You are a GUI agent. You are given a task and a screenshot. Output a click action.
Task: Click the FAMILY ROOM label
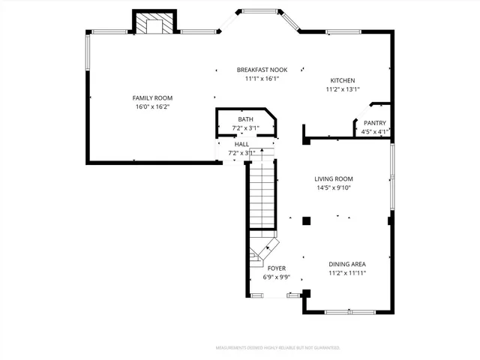(x=152, y=98)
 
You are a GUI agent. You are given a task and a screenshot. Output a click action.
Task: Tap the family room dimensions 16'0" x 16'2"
(x=152, y=107)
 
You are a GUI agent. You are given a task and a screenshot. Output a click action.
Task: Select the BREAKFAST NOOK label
(x=262, y=69)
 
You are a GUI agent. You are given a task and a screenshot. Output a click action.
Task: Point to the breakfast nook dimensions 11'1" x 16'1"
(x=262, y=78)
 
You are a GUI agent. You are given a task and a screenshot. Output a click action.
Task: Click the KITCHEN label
(x=343, y=80)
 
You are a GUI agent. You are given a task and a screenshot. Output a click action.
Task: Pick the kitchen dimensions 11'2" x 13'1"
(x=343, y=89)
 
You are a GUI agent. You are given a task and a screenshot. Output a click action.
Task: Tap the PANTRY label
(x=374, y=123)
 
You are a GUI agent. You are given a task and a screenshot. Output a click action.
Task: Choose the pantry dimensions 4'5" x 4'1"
(x=374, y=132)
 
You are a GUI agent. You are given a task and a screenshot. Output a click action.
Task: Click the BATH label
(x=245, y=119)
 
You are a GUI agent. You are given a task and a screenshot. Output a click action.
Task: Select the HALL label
(x=241, y=144)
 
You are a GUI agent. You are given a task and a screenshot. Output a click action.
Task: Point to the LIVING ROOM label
(x=334, y=178)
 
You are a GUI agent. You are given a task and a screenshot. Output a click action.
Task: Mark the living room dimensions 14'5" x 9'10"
(x=334, y=187)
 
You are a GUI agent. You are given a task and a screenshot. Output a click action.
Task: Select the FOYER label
(x=276, y=268)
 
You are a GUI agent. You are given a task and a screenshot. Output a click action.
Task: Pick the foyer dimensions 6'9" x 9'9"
(x=276, y=277)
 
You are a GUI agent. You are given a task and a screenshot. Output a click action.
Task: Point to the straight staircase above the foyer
(x=262, y=195)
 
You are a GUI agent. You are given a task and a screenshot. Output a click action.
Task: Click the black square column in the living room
(x=306, y=220)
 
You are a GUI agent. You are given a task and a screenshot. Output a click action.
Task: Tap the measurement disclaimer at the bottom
(x=277, y=348)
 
